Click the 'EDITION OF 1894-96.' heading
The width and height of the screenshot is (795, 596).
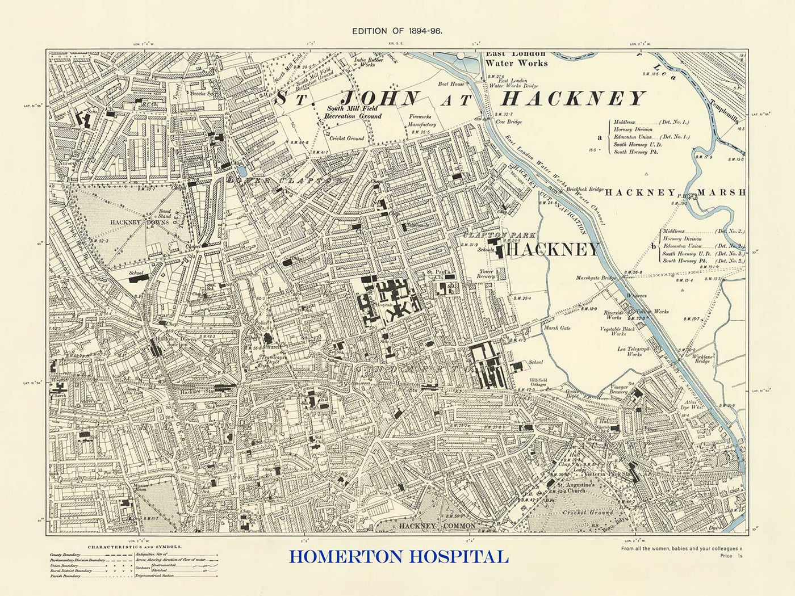tap(397, 31)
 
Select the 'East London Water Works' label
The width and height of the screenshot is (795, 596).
tap(516, 58)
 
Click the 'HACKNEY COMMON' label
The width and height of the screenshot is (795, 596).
tap(437, 526)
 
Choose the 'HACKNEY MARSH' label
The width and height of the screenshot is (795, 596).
tap(675, 192)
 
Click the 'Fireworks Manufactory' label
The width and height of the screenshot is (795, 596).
tap(422, 120)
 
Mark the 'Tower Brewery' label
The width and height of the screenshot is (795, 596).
tap(486, 274)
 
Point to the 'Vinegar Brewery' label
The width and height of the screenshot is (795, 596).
tap(618, 388)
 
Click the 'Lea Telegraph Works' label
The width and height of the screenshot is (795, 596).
tap(634, 351)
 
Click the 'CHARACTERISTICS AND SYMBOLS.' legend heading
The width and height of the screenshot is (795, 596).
tap(135, 547)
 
